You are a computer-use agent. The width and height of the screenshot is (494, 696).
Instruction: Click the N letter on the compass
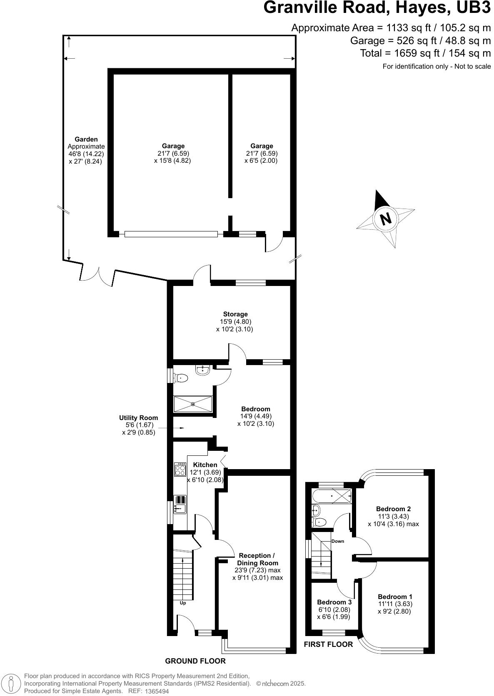coord(386,219)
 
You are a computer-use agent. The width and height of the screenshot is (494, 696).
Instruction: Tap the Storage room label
coord(235,314)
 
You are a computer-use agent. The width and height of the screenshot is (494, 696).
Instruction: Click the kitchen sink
coord(180,505)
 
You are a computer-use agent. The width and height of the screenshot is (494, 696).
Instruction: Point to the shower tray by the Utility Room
coord(193,404)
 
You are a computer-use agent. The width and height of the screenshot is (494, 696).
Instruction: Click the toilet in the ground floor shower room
coord(182,378)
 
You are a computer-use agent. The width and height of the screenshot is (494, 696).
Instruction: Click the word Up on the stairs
coord(182,603)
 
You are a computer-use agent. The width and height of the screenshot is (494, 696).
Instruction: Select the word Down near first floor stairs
coord(338,541)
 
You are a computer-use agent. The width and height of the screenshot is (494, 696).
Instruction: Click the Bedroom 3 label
coord(334,602)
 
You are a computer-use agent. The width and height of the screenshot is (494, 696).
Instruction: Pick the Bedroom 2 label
coord(393,509)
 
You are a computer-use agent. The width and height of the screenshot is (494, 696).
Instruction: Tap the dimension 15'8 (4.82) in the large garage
coord(173,160)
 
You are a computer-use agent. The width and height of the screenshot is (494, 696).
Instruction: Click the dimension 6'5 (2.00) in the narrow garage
coord(261,160)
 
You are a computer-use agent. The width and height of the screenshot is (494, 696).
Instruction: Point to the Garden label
coord(86,139)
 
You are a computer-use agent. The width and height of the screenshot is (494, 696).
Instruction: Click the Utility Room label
coord(138,418)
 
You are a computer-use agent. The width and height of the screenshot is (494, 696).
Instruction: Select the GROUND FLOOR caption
coord(195,661)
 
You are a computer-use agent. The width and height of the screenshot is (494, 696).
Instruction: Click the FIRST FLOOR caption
coord(328,644)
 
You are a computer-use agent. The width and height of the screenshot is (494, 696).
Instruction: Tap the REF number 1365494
coord(156,691)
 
